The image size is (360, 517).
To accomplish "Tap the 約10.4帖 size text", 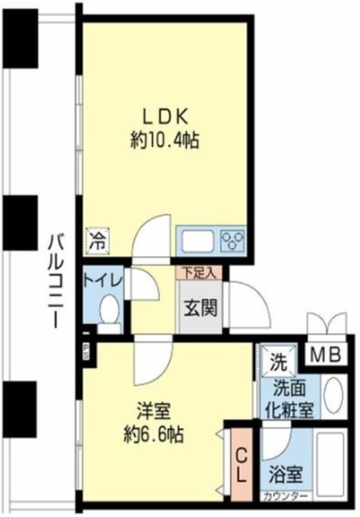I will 165,141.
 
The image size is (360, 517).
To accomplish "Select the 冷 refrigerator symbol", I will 97,239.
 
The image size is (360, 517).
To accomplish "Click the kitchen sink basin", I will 196,241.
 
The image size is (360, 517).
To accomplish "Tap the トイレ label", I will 103,280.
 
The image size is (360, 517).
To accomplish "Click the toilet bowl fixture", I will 109,309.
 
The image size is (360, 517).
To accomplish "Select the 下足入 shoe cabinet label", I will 198,272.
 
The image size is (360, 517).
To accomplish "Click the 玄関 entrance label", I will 198,308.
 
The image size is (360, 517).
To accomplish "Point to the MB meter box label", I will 327,354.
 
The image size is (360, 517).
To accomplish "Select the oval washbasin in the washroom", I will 333,395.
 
